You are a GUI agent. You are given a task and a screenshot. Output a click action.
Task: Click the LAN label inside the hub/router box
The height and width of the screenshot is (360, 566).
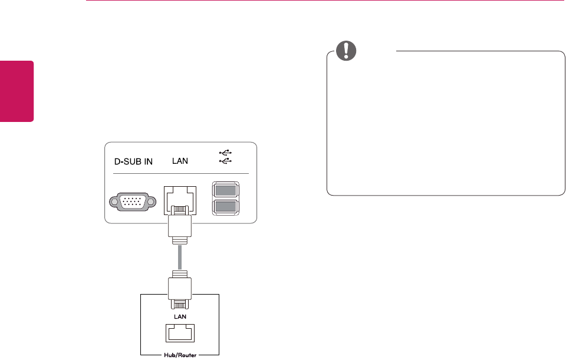179,316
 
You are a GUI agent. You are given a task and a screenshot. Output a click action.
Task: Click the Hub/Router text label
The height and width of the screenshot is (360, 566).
179,355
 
